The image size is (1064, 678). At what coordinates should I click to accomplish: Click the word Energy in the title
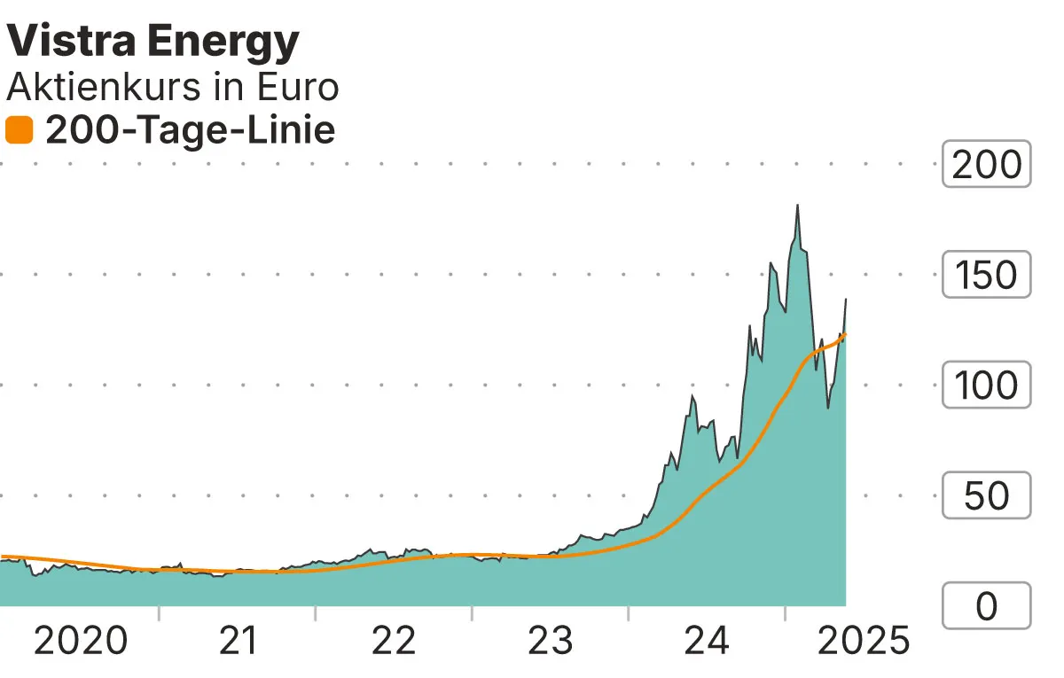(228, 43)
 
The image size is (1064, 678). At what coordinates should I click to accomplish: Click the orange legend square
(19, 131)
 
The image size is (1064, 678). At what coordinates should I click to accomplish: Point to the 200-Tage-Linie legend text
(190, 131)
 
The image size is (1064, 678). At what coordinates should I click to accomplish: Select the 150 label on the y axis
(986, 275)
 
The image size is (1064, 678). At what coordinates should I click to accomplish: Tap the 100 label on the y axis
(986, 386)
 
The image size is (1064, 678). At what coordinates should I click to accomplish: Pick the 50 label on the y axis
(986, 496)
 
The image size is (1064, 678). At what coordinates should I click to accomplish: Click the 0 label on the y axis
(986, 607)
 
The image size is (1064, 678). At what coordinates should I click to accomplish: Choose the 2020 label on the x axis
(81, 640)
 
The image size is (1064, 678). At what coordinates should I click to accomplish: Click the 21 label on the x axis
(237, 640)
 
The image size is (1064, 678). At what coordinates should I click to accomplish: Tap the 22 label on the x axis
(394, 640)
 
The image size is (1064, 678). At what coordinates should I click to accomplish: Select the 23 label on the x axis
(551, 640)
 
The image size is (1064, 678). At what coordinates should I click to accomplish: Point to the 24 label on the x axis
(707, 640)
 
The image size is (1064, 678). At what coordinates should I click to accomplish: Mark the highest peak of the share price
(797, 205)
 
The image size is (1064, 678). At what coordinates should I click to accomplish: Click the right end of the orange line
(846, 334)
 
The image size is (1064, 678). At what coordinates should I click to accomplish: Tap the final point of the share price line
(846, 300)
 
